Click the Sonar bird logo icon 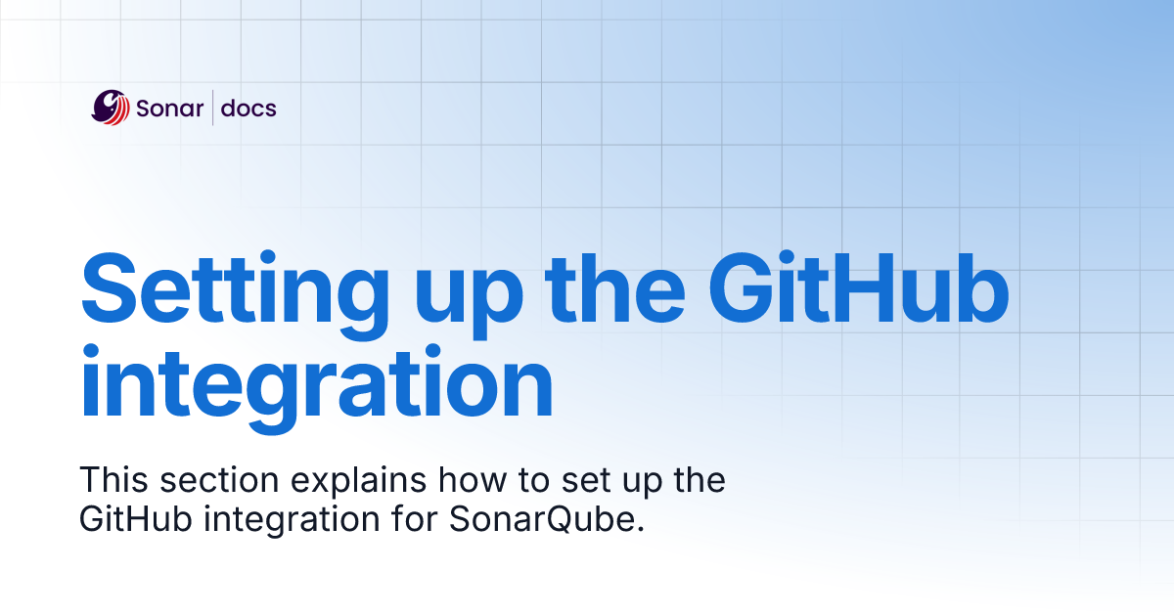click(x=110, y=108)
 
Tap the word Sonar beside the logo click(x=170, y=109)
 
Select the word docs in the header click(x=248, y=108)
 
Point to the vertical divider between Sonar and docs click(x=213, y=108)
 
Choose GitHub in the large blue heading click(x=859, y=287)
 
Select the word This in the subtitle click(x=113, y=479)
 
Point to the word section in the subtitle click(x=219, y=480)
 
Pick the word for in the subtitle click(x=415, y=518)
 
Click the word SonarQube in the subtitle click(x=539, y=519)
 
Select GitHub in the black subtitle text click(x=136, y=519)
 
